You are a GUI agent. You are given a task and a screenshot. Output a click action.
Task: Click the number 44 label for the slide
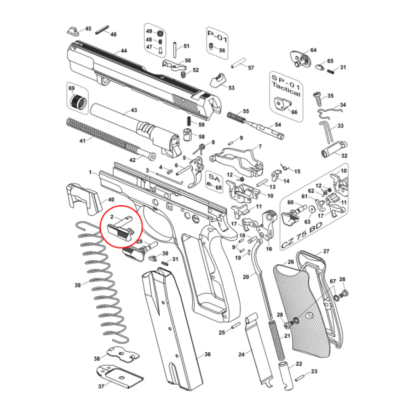coord(124,51)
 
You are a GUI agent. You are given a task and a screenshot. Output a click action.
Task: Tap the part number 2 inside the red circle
coord(112,217)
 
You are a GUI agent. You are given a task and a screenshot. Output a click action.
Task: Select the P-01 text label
coord(217,36)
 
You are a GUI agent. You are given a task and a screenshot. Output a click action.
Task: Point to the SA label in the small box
coord(214,178)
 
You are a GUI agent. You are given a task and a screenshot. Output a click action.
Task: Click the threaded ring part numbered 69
coord(78,102)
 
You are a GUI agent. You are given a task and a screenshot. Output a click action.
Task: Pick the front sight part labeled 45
coord(73,31)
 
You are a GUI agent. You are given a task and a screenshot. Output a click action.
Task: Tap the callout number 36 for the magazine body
coord(207,354)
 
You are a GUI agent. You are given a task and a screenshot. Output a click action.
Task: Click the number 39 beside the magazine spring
coord(78,285)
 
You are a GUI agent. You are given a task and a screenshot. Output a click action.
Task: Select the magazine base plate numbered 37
coord(120,377)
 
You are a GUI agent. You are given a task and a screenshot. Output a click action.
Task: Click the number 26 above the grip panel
coord(291,262)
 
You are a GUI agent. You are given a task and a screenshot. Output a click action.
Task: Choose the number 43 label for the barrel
coord(134,110)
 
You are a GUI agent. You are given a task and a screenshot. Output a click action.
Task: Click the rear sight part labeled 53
coord(217,80)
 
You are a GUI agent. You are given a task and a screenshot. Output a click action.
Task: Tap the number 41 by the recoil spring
coord(83,141)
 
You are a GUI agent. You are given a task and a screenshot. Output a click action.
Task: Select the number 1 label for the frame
coord(90,172)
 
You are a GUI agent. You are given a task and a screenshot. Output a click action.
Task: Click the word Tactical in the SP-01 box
coord(286,90)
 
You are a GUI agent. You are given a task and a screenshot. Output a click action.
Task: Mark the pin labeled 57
coord(238,63)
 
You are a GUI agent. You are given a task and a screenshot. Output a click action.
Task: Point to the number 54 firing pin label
coord(278,125)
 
